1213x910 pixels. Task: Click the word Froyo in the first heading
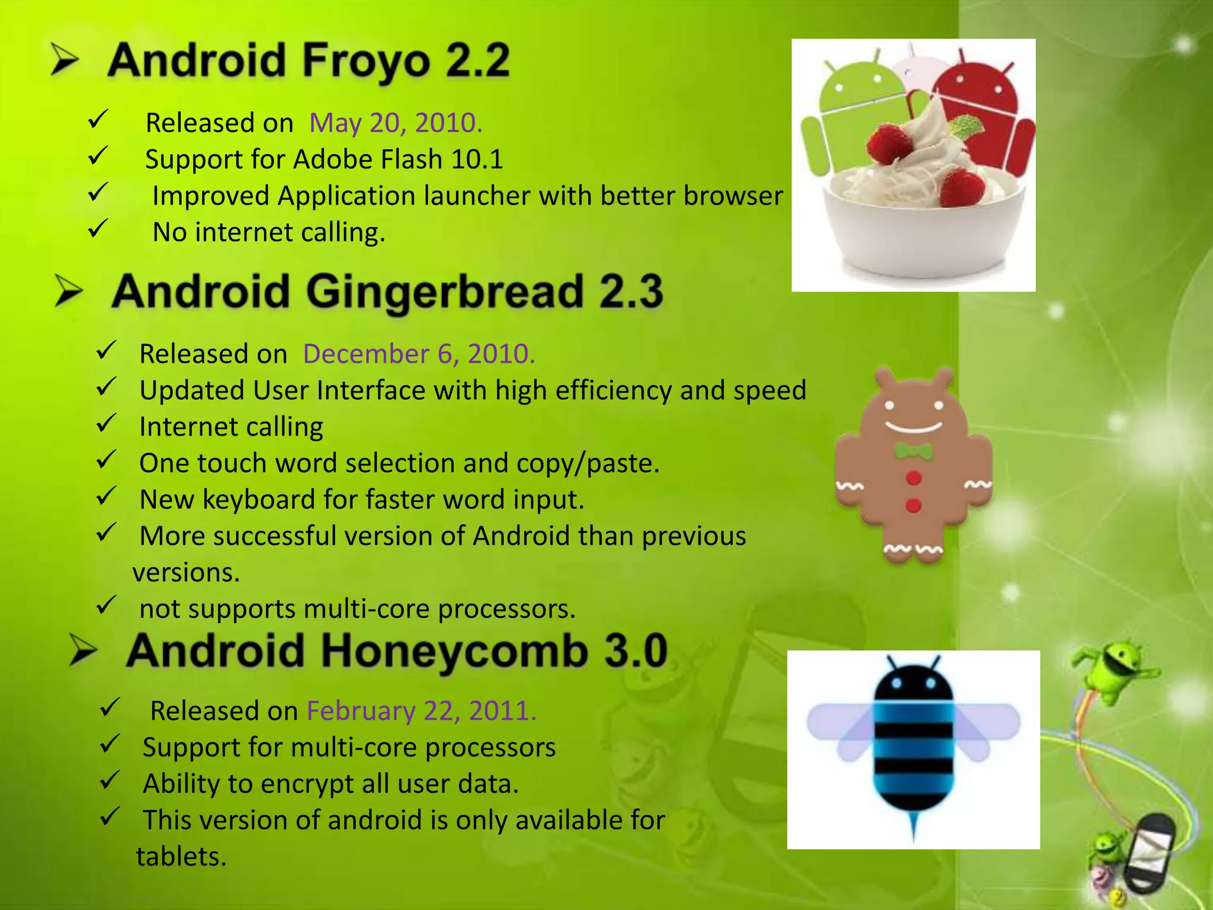click(366, 61)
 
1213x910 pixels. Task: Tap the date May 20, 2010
click(396, 123)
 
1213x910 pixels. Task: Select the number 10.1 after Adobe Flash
click(477, 159)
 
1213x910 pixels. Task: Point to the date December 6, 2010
click(419, 354)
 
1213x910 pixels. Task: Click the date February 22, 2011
click(421, 711)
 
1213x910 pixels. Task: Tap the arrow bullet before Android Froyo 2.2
click(64, 60)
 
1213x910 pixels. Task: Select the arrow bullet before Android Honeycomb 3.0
click(83, 651)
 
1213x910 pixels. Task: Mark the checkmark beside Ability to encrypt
click(110, 780)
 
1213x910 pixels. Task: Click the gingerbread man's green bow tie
click(913, 452)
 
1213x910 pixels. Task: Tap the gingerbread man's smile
click(913, 427)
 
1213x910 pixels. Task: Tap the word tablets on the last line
click(181, 857)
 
